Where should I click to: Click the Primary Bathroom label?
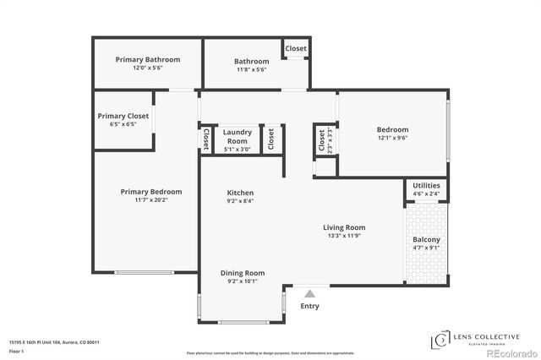148,60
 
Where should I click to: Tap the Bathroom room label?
252,61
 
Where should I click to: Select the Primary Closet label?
123,116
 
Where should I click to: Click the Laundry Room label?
238,136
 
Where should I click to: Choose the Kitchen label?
241,193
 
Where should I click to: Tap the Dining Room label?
243,273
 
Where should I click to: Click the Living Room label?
344,227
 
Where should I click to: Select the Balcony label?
426,240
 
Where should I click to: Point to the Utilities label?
426,186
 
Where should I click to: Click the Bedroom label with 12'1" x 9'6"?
392,129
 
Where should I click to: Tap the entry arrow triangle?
310,293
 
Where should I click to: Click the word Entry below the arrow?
310,306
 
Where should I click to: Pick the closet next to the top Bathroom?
296,49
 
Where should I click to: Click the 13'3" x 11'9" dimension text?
344,236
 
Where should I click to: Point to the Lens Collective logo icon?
440,340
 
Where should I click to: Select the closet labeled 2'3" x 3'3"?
322,140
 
